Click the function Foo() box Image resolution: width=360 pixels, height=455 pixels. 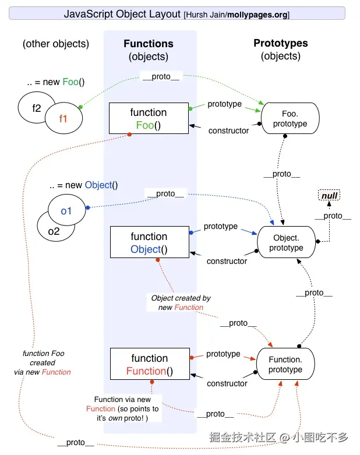tap(149, 119)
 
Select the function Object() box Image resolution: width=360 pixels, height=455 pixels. tap(149, 243)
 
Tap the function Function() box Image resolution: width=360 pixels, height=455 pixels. tap(149, 365)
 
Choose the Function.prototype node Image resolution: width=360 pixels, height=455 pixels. tap(285, 364)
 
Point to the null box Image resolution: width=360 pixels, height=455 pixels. tap(330, 196)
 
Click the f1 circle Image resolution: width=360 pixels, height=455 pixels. tap(63, 118)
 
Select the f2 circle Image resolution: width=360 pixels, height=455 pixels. tap(35, 108)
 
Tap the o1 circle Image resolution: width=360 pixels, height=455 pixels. tap(66, 210)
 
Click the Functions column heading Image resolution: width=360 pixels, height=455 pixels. tap(149, 44)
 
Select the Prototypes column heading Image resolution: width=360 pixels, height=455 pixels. tap(281, 43)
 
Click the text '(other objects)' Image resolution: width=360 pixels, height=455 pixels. tap(56, 44)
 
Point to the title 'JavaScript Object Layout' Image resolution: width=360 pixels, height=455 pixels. tap(122, 14)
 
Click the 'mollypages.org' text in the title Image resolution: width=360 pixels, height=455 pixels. tap(259, 15)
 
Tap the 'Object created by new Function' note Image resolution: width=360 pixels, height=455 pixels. tap(181, 302)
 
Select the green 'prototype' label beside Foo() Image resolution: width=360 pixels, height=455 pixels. tap(224, 104)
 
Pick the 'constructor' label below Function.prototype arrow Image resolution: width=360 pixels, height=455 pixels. tap(227, 383)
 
